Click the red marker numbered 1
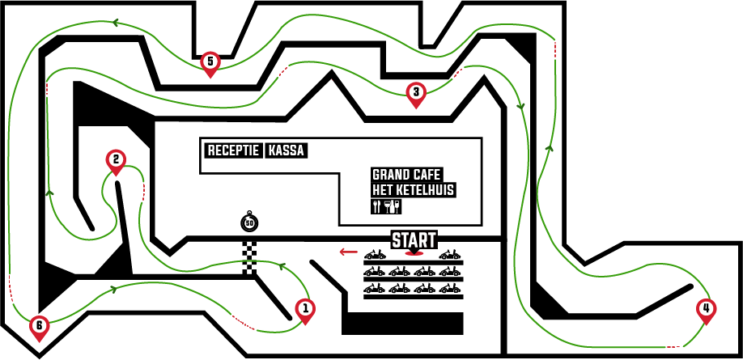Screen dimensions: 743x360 [x=305, y=311]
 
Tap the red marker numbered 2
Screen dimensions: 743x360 [x=116, y=162]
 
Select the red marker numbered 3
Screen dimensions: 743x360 [x=416, y=95]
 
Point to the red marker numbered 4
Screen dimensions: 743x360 [x=706, y=311]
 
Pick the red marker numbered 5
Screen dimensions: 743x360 [x=210, y=63]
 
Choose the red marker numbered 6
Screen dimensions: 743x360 [x=39, y=328]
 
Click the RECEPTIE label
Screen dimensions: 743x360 [x=234, y=151]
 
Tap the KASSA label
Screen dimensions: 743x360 [x=286, y=151]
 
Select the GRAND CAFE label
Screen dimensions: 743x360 [x=406, y=175]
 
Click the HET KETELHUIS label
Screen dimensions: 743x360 [x=414, y=190]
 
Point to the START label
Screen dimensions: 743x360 [x=414, y=239]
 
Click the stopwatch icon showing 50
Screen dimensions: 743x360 [x=249, y=221]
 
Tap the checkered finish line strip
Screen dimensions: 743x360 [x=249, y=259]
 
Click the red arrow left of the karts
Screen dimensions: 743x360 [x=348, y=252]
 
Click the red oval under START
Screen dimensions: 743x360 [x=414, y=253]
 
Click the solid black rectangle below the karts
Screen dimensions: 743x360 [x=402, y=324]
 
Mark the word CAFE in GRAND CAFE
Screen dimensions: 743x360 [x=424, y=175]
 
